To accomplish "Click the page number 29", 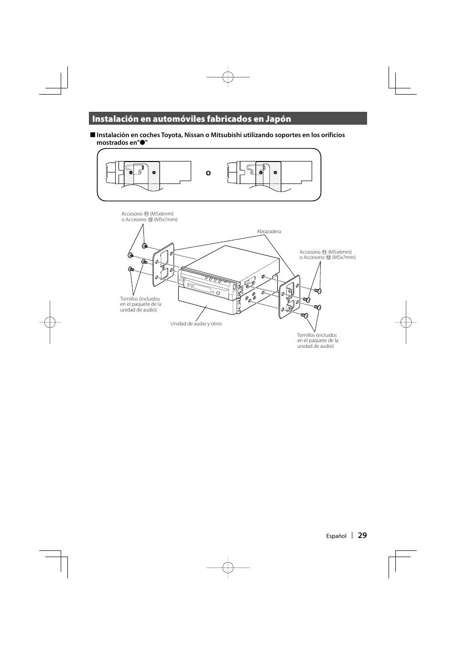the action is coord(362,536).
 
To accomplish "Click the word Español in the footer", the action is coord(336,536).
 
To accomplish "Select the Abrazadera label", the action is coord(269,232).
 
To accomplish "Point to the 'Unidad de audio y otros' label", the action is coord(196,323).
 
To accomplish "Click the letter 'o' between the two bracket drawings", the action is coord(208,173).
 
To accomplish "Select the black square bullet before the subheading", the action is coord(92,135).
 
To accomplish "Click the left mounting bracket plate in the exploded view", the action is coord(163,268).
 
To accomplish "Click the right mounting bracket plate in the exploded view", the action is coord(289,297).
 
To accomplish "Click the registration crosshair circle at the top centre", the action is coord(228,76).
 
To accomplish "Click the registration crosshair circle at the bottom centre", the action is coord(228,568).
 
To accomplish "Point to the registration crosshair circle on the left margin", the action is coord(50,322).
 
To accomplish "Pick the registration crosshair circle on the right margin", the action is coord(406,322).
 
